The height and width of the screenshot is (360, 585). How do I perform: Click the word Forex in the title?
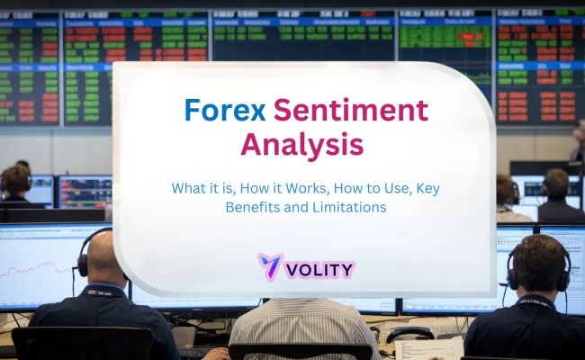pos(225,111)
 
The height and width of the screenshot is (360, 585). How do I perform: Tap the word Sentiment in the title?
pos(351,111)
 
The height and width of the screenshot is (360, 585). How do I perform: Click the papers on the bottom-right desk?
pos(441,346)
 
